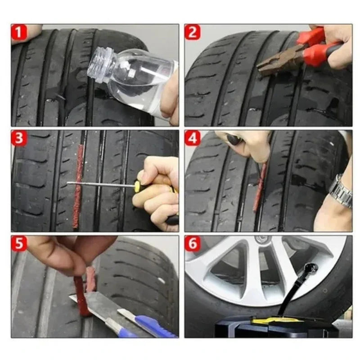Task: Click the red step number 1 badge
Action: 19,32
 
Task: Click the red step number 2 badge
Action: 193,32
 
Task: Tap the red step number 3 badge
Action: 19,138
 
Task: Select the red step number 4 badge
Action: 193,138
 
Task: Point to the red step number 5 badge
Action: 19,243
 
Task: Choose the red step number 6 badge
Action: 193,243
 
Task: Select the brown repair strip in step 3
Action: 79,184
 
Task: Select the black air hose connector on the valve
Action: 310,270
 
